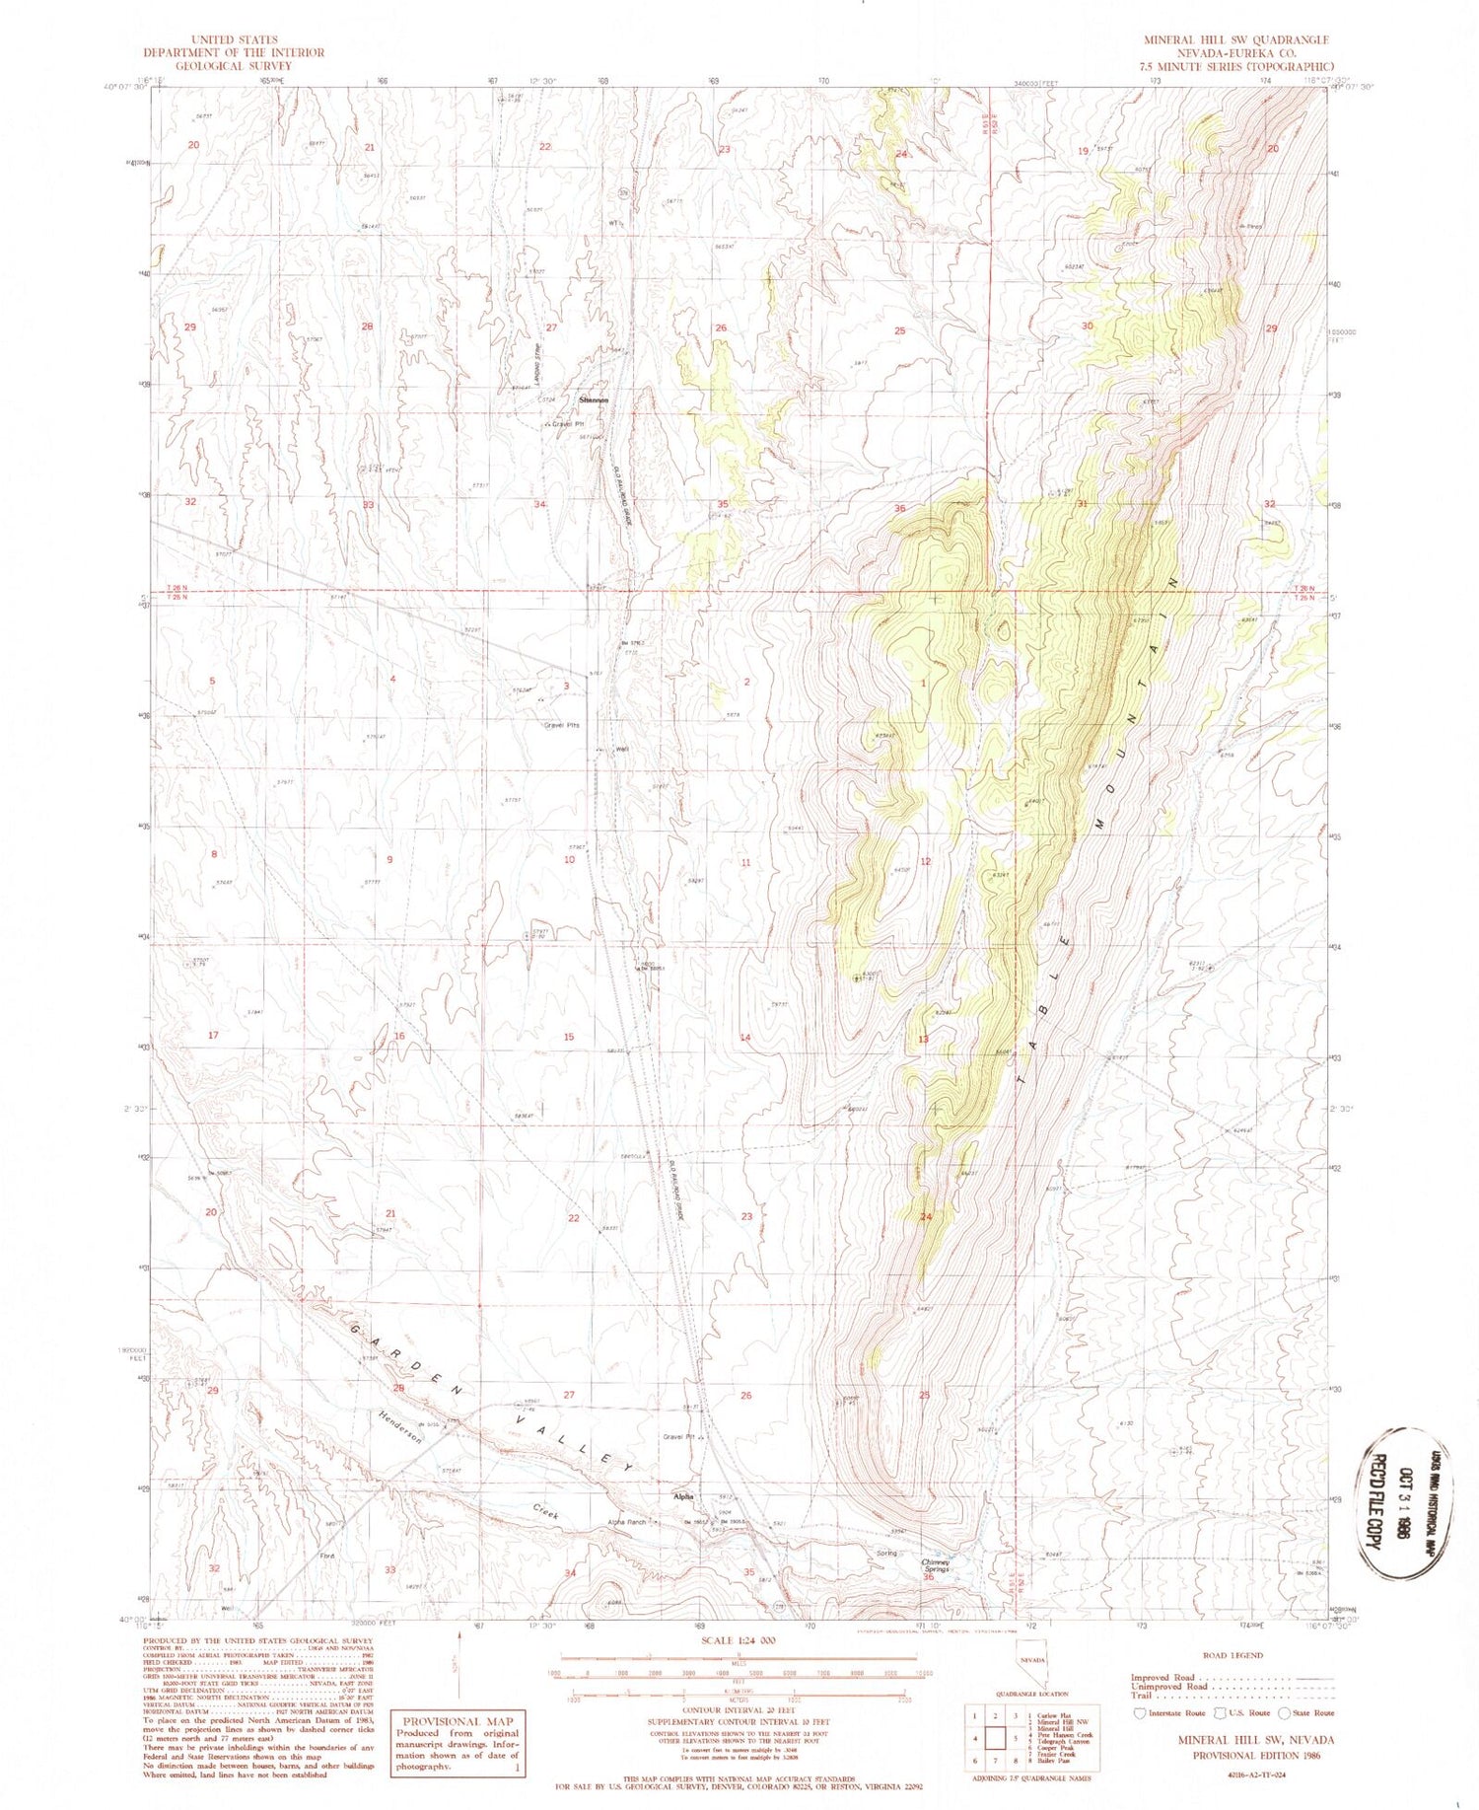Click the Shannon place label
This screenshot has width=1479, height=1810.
tap(595, 400)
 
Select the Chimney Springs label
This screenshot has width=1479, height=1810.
tap(935, 1564)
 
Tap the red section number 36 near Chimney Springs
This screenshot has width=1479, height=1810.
tap(928, 1577)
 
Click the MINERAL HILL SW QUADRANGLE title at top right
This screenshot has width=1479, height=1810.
tap(1235, 40)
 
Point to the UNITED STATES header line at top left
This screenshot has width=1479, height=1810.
tap(233, 40)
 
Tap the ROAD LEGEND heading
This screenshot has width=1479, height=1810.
tap(1232, 1655)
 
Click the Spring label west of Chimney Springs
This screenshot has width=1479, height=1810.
tap(886, 1553)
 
